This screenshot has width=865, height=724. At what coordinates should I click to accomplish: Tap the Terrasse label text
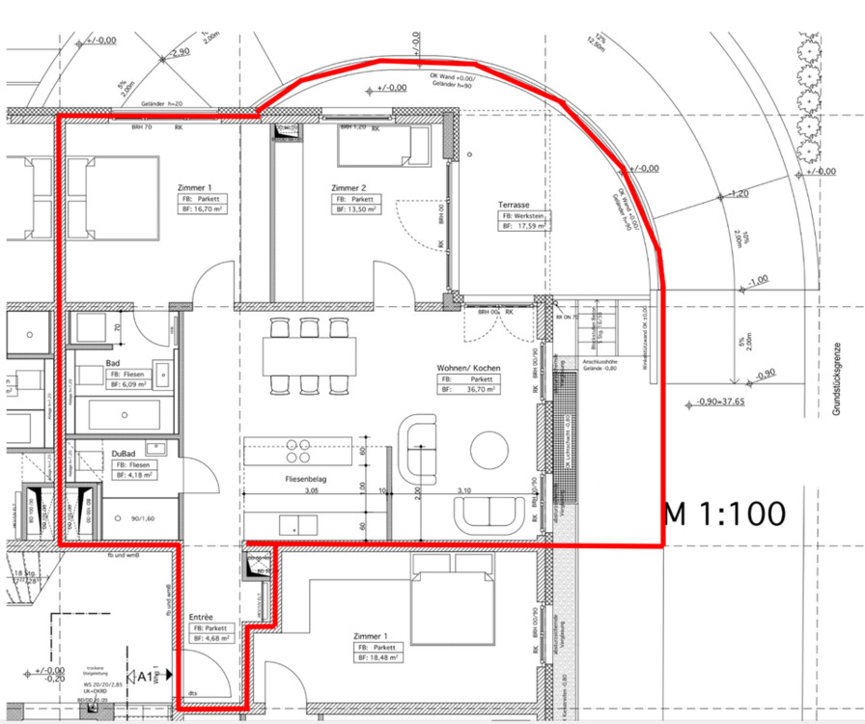click(x=516, y=205)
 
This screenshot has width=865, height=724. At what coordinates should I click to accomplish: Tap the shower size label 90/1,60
click(x=142, y=518)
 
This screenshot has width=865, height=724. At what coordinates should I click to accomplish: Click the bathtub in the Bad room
click(x=124, y=415)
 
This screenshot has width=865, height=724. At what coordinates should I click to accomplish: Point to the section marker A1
click(x=145, y=677)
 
